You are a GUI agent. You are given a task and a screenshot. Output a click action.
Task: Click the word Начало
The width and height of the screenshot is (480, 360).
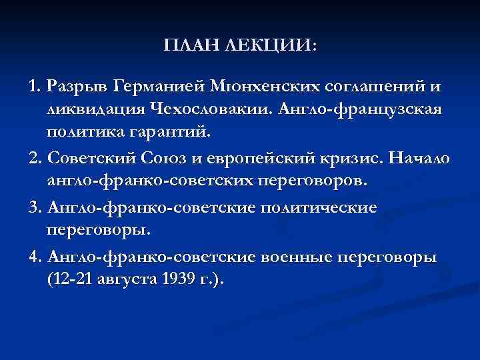point(419,158)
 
